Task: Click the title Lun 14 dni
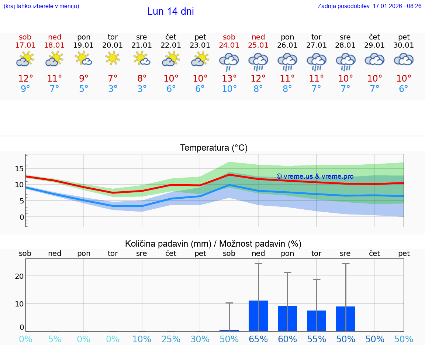(x=170, y=11)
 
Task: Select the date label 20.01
(x=113, y=45)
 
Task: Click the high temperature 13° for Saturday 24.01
(x=229, y=79)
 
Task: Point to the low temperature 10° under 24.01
(x=229, y=89)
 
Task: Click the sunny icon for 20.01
(x=113, y=58)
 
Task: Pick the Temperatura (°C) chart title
(x=214, y=148)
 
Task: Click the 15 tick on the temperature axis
(x=19, y=169)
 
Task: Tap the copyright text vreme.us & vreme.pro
(x=315, y=176)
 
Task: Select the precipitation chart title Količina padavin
(x=213, y=244)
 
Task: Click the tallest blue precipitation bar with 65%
(x=258, y=316)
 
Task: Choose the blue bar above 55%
(x=317, y=320)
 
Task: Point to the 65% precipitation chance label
(x=258, y=339)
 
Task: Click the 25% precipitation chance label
(x=171, y=339)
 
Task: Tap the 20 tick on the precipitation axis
(x=19, y=276)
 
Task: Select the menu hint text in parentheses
(x=41, y=6)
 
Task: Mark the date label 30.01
(x=404, y=45)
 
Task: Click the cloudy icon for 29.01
(x=374, y=59)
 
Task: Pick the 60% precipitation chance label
(x=287, y=339)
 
